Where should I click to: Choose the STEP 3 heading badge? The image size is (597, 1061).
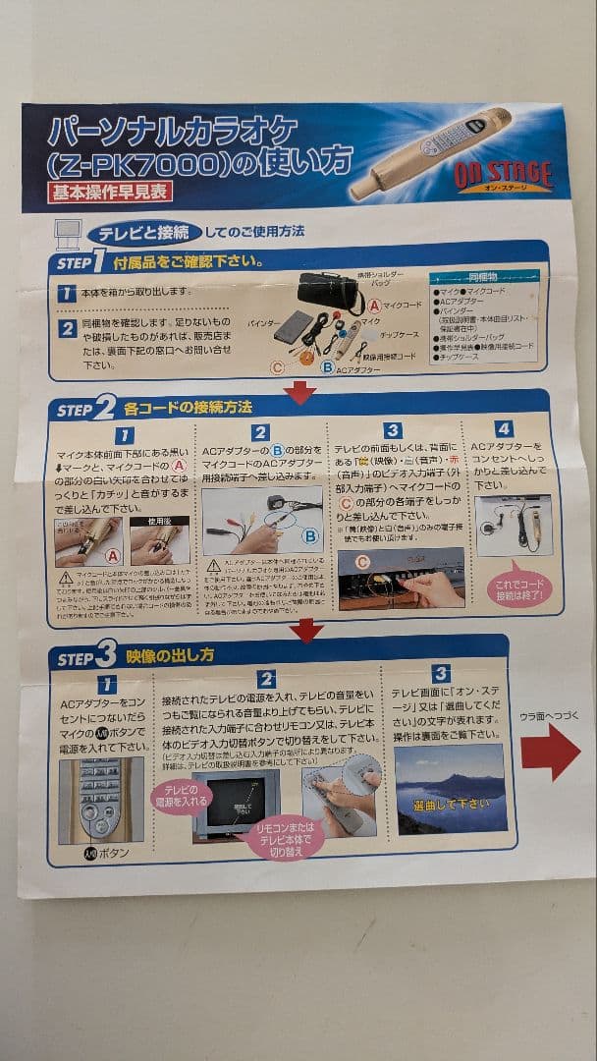tap(86, 656)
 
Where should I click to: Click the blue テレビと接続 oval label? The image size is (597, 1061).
tap(148, 233)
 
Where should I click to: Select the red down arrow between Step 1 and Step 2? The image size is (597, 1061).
tap(299, 392)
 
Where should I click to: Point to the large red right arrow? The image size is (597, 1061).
tap(550, 752)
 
